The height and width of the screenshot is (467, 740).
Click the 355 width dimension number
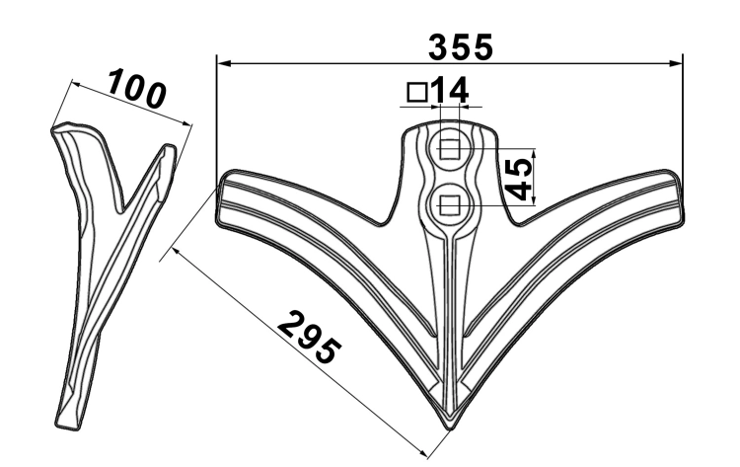click(x=460, y=47)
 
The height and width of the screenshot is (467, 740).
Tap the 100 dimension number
click(x=136, y=88)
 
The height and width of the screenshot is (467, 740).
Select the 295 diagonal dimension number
click(x=309, y=337)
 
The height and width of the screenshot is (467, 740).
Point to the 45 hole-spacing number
click(x=518, y=179)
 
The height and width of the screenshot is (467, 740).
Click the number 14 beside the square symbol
click(x=449, y=90)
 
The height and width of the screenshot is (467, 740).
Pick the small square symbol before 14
click(x=416, y=92)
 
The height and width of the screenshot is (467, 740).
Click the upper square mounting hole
click(x=449, y=149)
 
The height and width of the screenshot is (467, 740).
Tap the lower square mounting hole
click(x=449, y=205)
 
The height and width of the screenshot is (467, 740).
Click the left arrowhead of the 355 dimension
click(x=223, y=63)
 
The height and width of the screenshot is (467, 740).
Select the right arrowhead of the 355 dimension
click(x=677, y=63)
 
